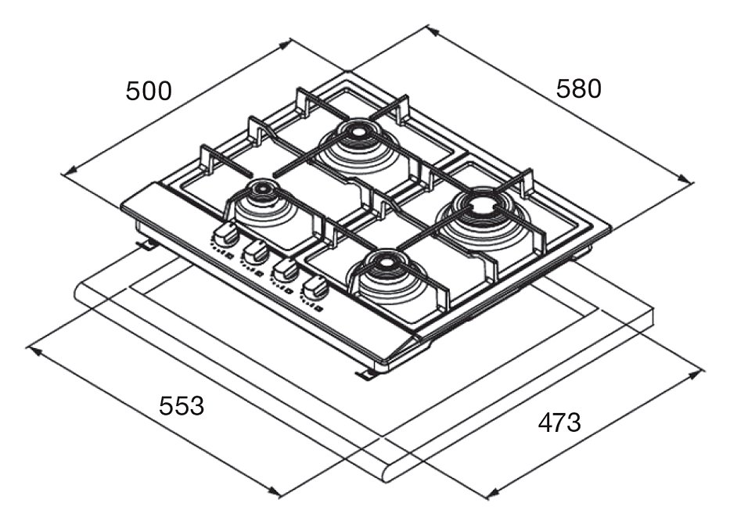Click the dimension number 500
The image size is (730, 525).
pos(149,91)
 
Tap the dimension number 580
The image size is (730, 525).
pos(579,88)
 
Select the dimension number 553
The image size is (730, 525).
pos(182,406)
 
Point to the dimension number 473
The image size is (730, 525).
pos(559,423)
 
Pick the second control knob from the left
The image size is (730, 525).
pos(254,252)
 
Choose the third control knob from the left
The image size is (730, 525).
pos(285,271)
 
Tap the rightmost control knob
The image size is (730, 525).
pos(315,289)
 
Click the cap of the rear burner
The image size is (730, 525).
pos(357,131)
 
